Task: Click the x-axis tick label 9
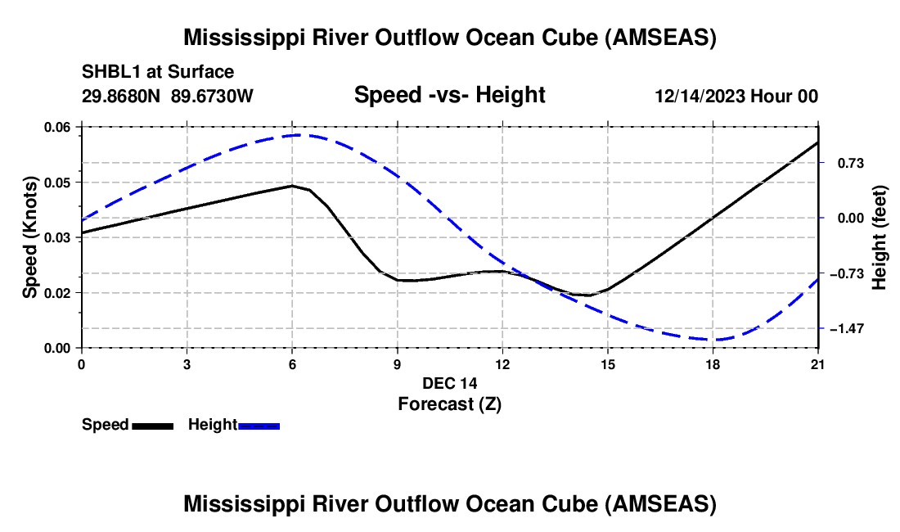397,364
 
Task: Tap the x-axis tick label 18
713,364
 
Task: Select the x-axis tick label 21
818,364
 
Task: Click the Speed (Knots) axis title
30,238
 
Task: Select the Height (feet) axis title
880,238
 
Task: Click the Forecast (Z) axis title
449,404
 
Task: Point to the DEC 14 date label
449,383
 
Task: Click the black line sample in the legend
152,426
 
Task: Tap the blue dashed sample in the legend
259,426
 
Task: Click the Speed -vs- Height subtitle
449,95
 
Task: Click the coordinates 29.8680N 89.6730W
168,96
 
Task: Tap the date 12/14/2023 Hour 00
736,96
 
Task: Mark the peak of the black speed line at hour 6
292,186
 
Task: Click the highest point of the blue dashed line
299,135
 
